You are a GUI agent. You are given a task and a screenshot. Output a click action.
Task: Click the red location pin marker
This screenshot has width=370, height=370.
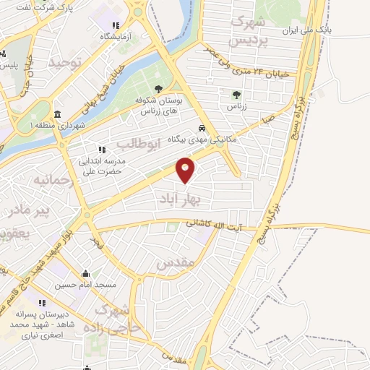pyautogui.click(x=186, y=170)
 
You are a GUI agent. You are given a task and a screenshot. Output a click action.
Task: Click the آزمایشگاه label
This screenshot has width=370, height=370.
pyautogui.click(x=115, y=35)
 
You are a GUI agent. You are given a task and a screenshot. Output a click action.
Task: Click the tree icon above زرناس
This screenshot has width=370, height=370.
pyautogui.click(x=236, y=95)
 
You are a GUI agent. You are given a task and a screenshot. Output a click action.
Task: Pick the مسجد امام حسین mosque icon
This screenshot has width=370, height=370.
pyautogui.click(x=86, y=274)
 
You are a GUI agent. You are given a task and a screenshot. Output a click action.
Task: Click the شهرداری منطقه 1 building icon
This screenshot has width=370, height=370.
pyautogui.click(x=57, y=114)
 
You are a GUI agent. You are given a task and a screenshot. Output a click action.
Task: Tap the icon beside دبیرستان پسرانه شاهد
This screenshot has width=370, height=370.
pyautogui.click(x=40, y=302)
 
